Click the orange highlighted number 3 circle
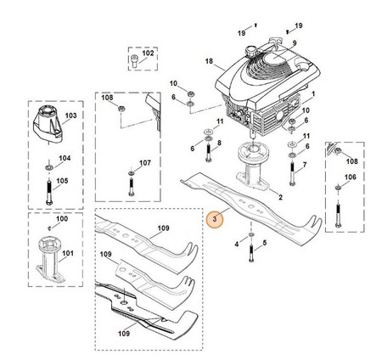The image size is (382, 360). click(x=215, y=219)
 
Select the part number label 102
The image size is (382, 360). click(x=148, y=53)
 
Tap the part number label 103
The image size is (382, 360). click(x=70, y=115)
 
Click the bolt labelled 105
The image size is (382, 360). click(x=49, y=191)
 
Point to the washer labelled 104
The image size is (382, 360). click(x=49, y=167)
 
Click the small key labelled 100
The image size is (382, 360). click(x=49, y=228)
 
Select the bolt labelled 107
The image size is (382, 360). click(x=131, y=187)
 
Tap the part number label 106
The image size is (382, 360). click(x=350, y=177)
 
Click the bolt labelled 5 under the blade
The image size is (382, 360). click(x=251, y=254)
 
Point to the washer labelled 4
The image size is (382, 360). click(x=251, y=234)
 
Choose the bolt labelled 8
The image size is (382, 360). click(x=209, y=153)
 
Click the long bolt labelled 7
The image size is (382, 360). click(x=292, y=174)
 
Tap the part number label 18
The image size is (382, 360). click(x=209, y=61)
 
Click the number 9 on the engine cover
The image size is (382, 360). click(x=295, y=43)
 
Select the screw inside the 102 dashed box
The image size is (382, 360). click(x=134, y=61)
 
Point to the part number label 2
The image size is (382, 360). click(x=280, y=197)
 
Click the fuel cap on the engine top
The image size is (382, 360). click(x=250, y=51)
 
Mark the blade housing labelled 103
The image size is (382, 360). click(x=48, y=123)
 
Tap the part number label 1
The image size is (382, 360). click(x=313, y=93)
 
